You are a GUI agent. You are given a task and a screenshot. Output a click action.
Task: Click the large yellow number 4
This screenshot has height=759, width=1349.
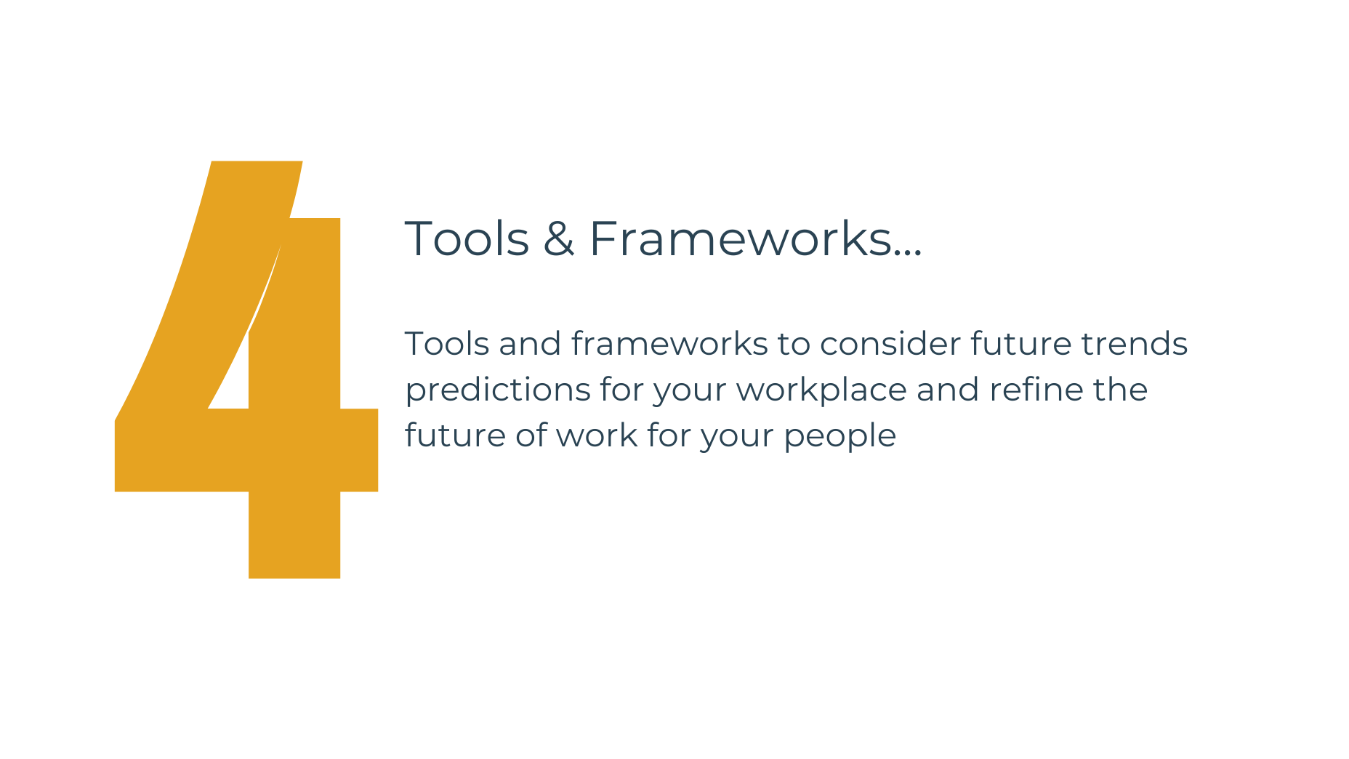[294, 451]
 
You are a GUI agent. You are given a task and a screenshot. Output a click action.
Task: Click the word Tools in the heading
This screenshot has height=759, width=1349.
[467, 238]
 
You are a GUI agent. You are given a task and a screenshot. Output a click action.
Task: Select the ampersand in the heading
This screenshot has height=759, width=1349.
[558, 238]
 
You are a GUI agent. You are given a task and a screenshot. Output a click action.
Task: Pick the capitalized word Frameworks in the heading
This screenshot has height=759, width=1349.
[740, 238]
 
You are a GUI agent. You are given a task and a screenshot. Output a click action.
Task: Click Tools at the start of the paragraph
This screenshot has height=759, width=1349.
[447, 344]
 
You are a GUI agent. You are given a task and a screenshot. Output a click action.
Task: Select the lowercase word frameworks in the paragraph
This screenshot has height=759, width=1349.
[669, 344]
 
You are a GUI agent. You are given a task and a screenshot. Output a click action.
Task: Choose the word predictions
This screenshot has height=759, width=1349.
[498, 390]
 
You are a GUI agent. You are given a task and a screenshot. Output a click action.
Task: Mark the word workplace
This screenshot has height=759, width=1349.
[821, 390]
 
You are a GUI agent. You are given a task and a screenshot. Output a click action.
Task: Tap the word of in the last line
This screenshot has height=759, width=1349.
[531, 435]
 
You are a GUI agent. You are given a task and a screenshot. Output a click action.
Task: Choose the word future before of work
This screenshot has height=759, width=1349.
[456, 435]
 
